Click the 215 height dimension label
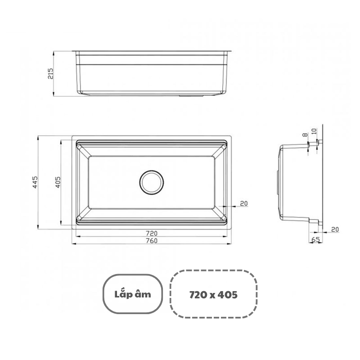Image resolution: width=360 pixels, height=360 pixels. click(x=50, y=73)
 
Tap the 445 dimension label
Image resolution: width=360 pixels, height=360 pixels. click(x=35, y=182)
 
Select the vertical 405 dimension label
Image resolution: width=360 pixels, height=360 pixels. click(x=58, y=182)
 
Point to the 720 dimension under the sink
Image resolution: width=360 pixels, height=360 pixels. click(x=152, y=233)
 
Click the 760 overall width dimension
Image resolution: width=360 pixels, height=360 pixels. click(x=152, y=241)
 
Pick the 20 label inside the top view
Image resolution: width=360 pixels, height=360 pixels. click(x=244, y=203)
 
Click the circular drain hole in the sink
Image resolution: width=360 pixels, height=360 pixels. click(x=152, y=182)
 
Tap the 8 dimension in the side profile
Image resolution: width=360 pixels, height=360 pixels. click(x=305, y=135)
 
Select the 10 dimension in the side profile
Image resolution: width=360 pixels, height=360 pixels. click(x=314, y=131)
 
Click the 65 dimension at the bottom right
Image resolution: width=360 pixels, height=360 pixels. click(x=315, y=239)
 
